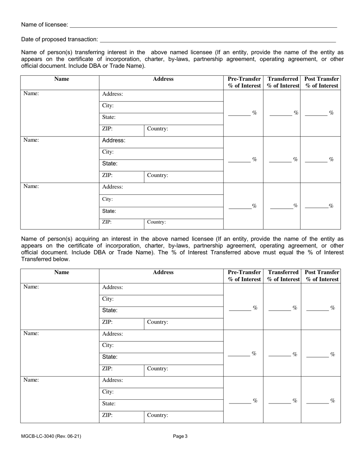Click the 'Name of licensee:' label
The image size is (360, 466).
click(x=45, y=25)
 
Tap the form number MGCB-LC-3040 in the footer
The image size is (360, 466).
click(x=51, y=436)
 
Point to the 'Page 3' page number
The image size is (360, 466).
click(x=180, y=436)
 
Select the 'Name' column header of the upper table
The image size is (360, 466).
click(x=61, y=79)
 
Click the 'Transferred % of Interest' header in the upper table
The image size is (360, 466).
click(x=283, y=82)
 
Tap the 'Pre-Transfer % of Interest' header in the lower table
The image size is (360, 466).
click(x=244, y=275)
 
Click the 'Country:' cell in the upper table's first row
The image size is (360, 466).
click(x=183, y=129)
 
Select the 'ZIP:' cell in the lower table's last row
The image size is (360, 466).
click(x=121, y=415)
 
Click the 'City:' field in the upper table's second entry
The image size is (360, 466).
click(x=161, y=152)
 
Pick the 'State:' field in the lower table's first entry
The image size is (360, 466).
click(x=161, y=310)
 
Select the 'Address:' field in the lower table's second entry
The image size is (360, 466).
click(x=161, y=334)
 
